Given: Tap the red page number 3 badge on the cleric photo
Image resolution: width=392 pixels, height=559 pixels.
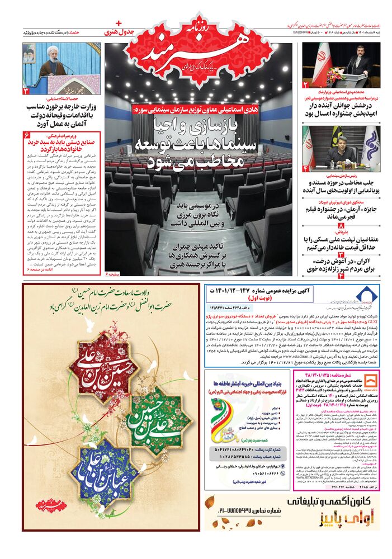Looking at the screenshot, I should pos(26,90).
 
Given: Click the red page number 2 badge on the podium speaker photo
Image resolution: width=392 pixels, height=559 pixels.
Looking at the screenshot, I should pos(305,84).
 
